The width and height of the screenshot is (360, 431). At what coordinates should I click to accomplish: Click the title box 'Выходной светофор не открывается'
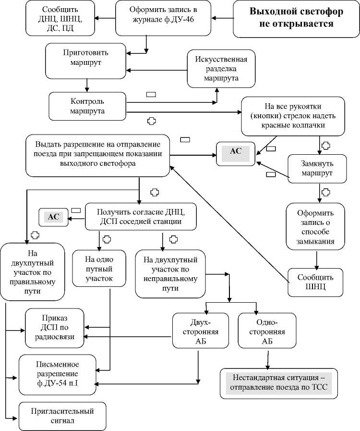click(x=291, y=18)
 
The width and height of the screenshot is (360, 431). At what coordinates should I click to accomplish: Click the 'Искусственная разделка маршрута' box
click(x=221, y=69)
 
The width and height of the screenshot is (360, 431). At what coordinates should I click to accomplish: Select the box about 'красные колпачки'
click(x=292, y=116)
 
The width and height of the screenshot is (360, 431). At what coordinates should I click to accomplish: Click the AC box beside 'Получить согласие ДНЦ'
click(x=54, y=217)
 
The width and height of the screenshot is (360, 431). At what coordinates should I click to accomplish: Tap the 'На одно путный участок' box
click(x=99, y=268)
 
